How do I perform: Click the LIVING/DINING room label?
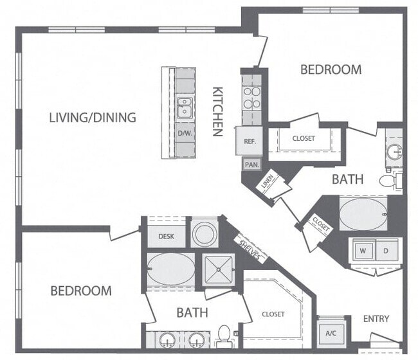[x=93, y=117]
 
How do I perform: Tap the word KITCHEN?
[x=217, y=111]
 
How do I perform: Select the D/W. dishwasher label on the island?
[x=185, y=134]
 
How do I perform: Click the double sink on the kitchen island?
[x=185, y=107]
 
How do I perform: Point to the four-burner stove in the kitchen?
[x=251, y=97]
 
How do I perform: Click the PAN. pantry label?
[x=251, y=164]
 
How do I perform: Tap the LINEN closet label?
[x=268, y=182]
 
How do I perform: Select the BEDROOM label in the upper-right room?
[x=331, y=69]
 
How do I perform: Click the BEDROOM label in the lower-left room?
[x=81, y=291]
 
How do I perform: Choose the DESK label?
[x=166, y=237]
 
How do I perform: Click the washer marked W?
[x=363, y=249]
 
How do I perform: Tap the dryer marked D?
[x=386, y=249]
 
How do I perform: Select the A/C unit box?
[x=331, y=334]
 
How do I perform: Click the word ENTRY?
[x=376, y=318]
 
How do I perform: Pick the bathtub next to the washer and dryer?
[x=363, y=213]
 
